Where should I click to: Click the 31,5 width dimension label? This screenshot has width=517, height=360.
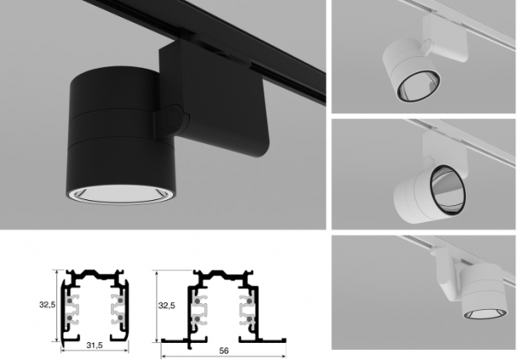(95, 345)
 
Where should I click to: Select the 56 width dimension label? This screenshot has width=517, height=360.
(224, 351)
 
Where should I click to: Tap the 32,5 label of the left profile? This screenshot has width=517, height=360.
(47, 305)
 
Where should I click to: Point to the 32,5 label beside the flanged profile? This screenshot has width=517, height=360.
(167, 306)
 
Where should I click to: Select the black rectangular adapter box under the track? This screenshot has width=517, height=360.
(213, 99)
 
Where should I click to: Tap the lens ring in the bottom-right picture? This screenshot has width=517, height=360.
(483, 314)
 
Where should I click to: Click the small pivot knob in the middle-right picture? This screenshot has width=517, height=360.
(428, 161)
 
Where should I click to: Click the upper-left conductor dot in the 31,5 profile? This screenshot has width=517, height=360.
(69, 301)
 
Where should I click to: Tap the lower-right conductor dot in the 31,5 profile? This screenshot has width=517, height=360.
(120, 318)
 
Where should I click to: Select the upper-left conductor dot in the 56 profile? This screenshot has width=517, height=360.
(197, 302)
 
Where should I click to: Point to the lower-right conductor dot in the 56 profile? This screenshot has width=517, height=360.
(248, 319)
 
